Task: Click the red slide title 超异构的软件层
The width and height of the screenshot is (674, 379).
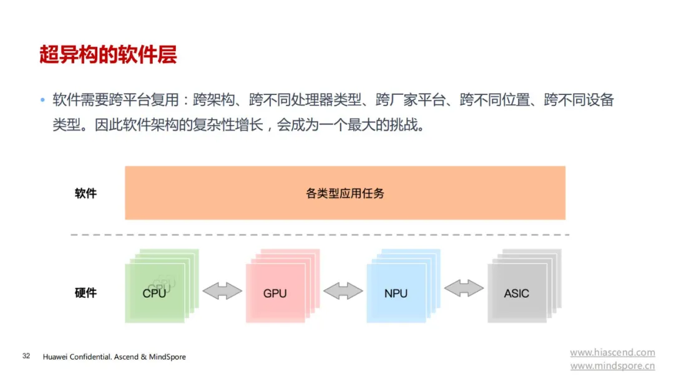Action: coord(108,55)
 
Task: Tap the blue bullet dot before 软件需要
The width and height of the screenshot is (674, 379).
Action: coord(42,101)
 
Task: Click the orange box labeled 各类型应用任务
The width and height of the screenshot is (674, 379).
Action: coord(345,193)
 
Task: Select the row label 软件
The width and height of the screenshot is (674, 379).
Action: coord(85,193)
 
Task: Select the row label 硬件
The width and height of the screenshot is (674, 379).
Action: coord(85,293)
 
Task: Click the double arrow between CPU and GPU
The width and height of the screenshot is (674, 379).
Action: coord(222,291)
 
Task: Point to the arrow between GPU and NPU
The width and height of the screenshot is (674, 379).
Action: coord(343,291)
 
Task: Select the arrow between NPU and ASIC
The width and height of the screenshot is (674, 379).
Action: coord(464,288)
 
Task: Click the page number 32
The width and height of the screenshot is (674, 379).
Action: coord(26,356)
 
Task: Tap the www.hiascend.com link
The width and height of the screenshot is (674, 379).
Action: coord(613,352)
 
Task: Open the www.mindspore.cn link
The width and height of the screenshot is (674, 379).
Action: coord(613,366)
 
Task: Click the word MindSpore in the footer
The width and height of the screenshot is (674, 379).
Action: coord(167,357)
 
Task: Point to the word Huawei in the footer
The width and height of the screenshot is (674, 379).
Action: coord(55,357)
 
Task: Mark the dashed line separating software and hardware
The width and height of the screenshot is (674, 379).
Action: coord(320,235)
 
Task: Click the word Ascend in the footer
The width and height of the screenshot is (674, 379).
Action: coord(126,357)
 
